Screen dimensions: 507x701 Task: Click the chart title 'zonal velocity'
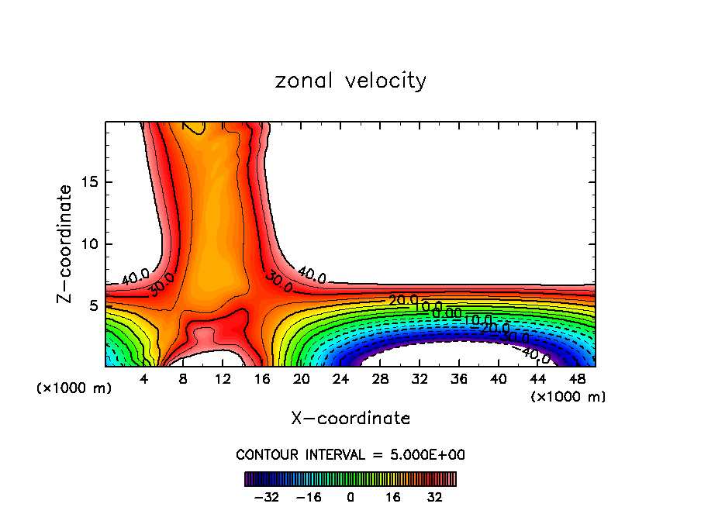pos(350,81)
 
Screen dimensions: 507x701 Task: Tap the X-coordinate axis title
pos(350,419)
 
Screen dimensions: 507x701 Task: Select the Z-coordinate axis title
pos(66,244)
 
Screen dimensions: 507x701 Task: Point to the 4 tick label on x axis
pos(143,379)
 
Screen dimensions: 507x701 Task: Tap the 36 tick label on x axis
pos(458,379)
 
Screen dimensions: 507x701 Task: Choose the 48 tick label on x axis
pos(576,379)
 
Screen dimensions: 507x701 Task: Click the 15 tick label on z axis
pos(92,182)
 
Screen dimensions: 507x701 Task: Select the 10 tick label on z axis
pos(92,244)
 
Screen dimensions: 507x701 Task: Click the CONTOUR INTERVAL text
pos(350,455)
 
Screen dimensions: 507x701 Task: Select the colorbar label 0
pos(350,496)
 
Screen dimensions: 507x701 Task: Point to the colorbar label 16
pos(393,496)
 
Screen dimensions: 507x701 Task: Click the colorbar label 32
pos(435,496)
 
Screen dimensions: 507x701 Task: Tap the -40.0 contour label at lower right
pos(534,354)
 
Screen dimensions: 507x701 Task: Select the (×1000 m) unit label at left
pos(74,388)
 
